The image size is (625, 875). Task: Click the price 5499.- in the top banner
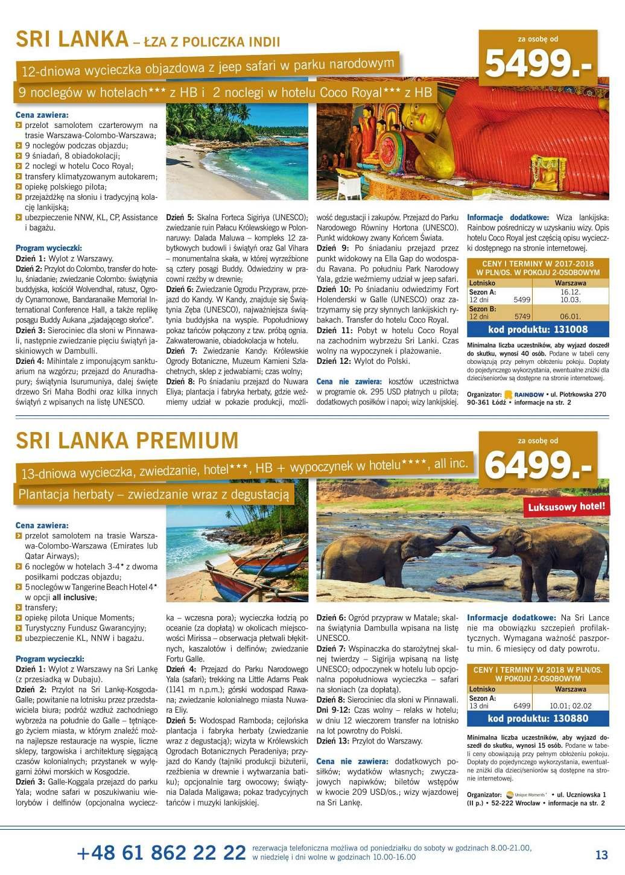click(x=538, y=63)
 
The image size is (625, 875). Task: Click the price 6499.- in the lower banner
click(x=538, y=463)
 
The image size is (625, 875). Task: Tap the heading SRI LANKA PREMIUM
click(x=127, y=439)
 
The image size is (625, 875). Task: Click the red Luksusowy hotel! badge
click(x=567, y=506)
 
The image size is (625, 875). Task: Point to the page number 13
click(x=601, y=854)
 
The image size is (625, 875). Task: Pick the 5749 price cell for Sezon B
click(x=522, y=316)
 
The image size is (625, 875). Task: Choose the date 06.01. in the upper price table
click(x=570, y=316)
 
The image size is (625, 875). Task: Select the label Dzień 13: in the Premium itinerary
click(x=333, y=740)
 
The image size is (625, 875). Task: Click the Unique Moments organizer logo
click(x=525, y=795)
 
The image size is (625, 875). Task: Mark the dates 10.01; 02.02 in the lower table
click(x=570, y=705)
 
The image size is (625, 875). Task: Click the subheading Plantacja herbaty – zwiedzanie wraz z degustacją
click(x=154, y=495)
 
